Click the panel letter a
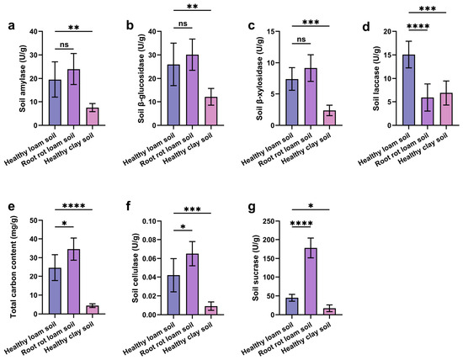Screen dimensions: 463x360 click(x=12, y=26)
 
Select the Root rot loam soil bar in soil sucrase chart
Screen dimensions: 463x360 click(x=311, y=282)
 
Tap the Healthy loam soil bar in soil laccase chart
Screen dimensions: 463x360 click(x=408, y=90)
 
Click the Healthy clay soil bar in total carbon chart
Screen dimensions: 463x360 click(x=93, y=310)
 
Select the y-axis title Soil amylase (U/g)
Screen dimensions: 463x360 click(x=23, y=78)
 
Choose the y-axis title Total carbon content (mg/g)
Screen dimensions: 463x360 click(x=13, y=267)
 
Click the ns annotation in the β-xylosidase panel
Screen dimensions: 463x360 click(x=301, y=40)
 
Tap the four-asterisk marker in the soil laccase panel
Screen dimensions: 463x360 click(x=418, y=26)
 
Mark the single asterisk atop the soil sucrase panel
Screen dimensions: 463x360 click(x=311, y=206)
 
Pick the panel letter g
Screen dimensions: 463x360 click(x=252, y=208)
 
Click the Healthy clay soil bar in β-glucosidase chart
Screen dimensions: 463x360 click(x=210, y=111)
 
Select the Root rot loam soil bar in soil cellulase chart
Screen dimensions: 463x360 click(x=192, y=284)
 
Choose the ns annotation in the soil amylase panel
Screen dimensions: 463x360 click(x=64, y=45)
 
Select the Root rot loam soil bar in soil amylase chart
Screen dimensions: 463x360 click(x=73, y=98)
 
